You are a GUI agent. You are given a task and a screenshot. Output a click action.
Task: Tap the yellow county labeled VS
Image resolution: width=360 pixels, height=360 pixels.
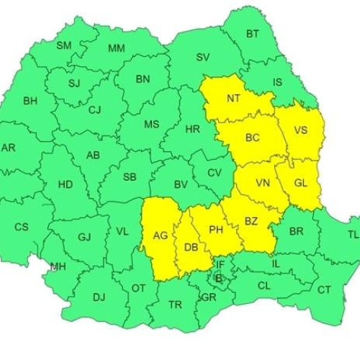tap(302, 130)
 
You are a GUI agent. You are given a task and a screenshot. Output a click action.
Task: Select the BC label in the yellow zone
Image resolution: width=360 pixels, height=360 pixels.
tap(253, 137)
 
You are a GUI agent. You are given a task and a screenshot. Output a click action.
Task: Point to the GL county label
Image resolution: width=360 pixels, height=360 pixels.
tap(300, 183)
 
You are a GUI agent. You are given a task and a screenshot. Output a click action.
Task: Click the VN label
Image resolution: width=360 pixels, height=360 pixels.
tap(262, 183)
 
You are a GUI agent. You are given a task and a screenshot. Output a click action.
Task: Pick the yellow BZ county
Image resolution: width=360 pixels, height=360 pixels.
tap(251, 222)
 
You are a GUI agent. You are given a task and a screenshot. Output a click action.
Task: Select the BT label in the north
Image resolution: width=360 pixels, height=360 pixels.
tap(253, 34)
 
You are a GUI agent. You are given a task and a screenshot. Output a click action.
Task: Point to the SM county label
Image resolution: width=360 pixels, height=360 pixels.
tap(64, 45)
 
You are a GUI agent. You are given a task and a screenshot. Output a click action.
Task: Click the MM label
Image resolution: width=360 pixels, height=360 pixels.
tap(116, 48)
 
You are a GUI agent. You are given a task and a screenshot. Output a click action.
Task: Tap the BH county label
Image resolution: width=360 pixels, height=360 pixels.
tap(30, 101)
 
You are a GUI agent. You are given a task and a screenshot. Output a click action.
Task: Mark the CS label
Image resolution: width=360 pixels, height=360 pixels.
tap(22, 227)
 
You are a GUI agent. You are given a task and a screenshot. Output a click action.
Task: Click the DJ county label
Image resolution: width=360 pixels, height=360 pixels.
tap(99, 297)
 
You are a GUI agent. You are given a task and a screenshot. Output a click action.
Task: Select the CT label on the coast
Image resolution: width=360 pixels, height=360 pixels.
tap(324, 289)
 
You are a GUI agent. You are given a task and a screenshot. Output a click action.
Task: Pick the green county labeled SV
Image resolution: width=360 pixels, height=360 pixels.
tap(203, 57)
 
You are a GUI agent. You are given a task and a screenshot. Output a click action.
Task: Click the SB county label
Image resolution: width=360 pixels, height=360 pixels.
tap(130, 176)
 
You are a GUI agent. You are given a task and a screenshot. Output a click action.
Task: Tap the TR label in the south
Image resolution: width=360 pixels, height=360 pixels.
tap(175, 305)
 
